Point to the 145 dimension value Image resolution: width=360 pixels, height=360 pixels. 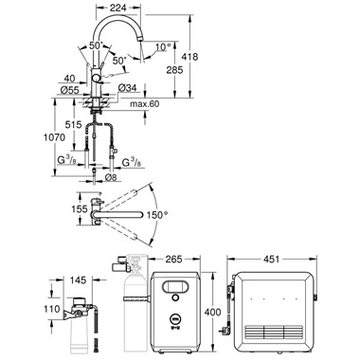[x=78, y=279]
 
